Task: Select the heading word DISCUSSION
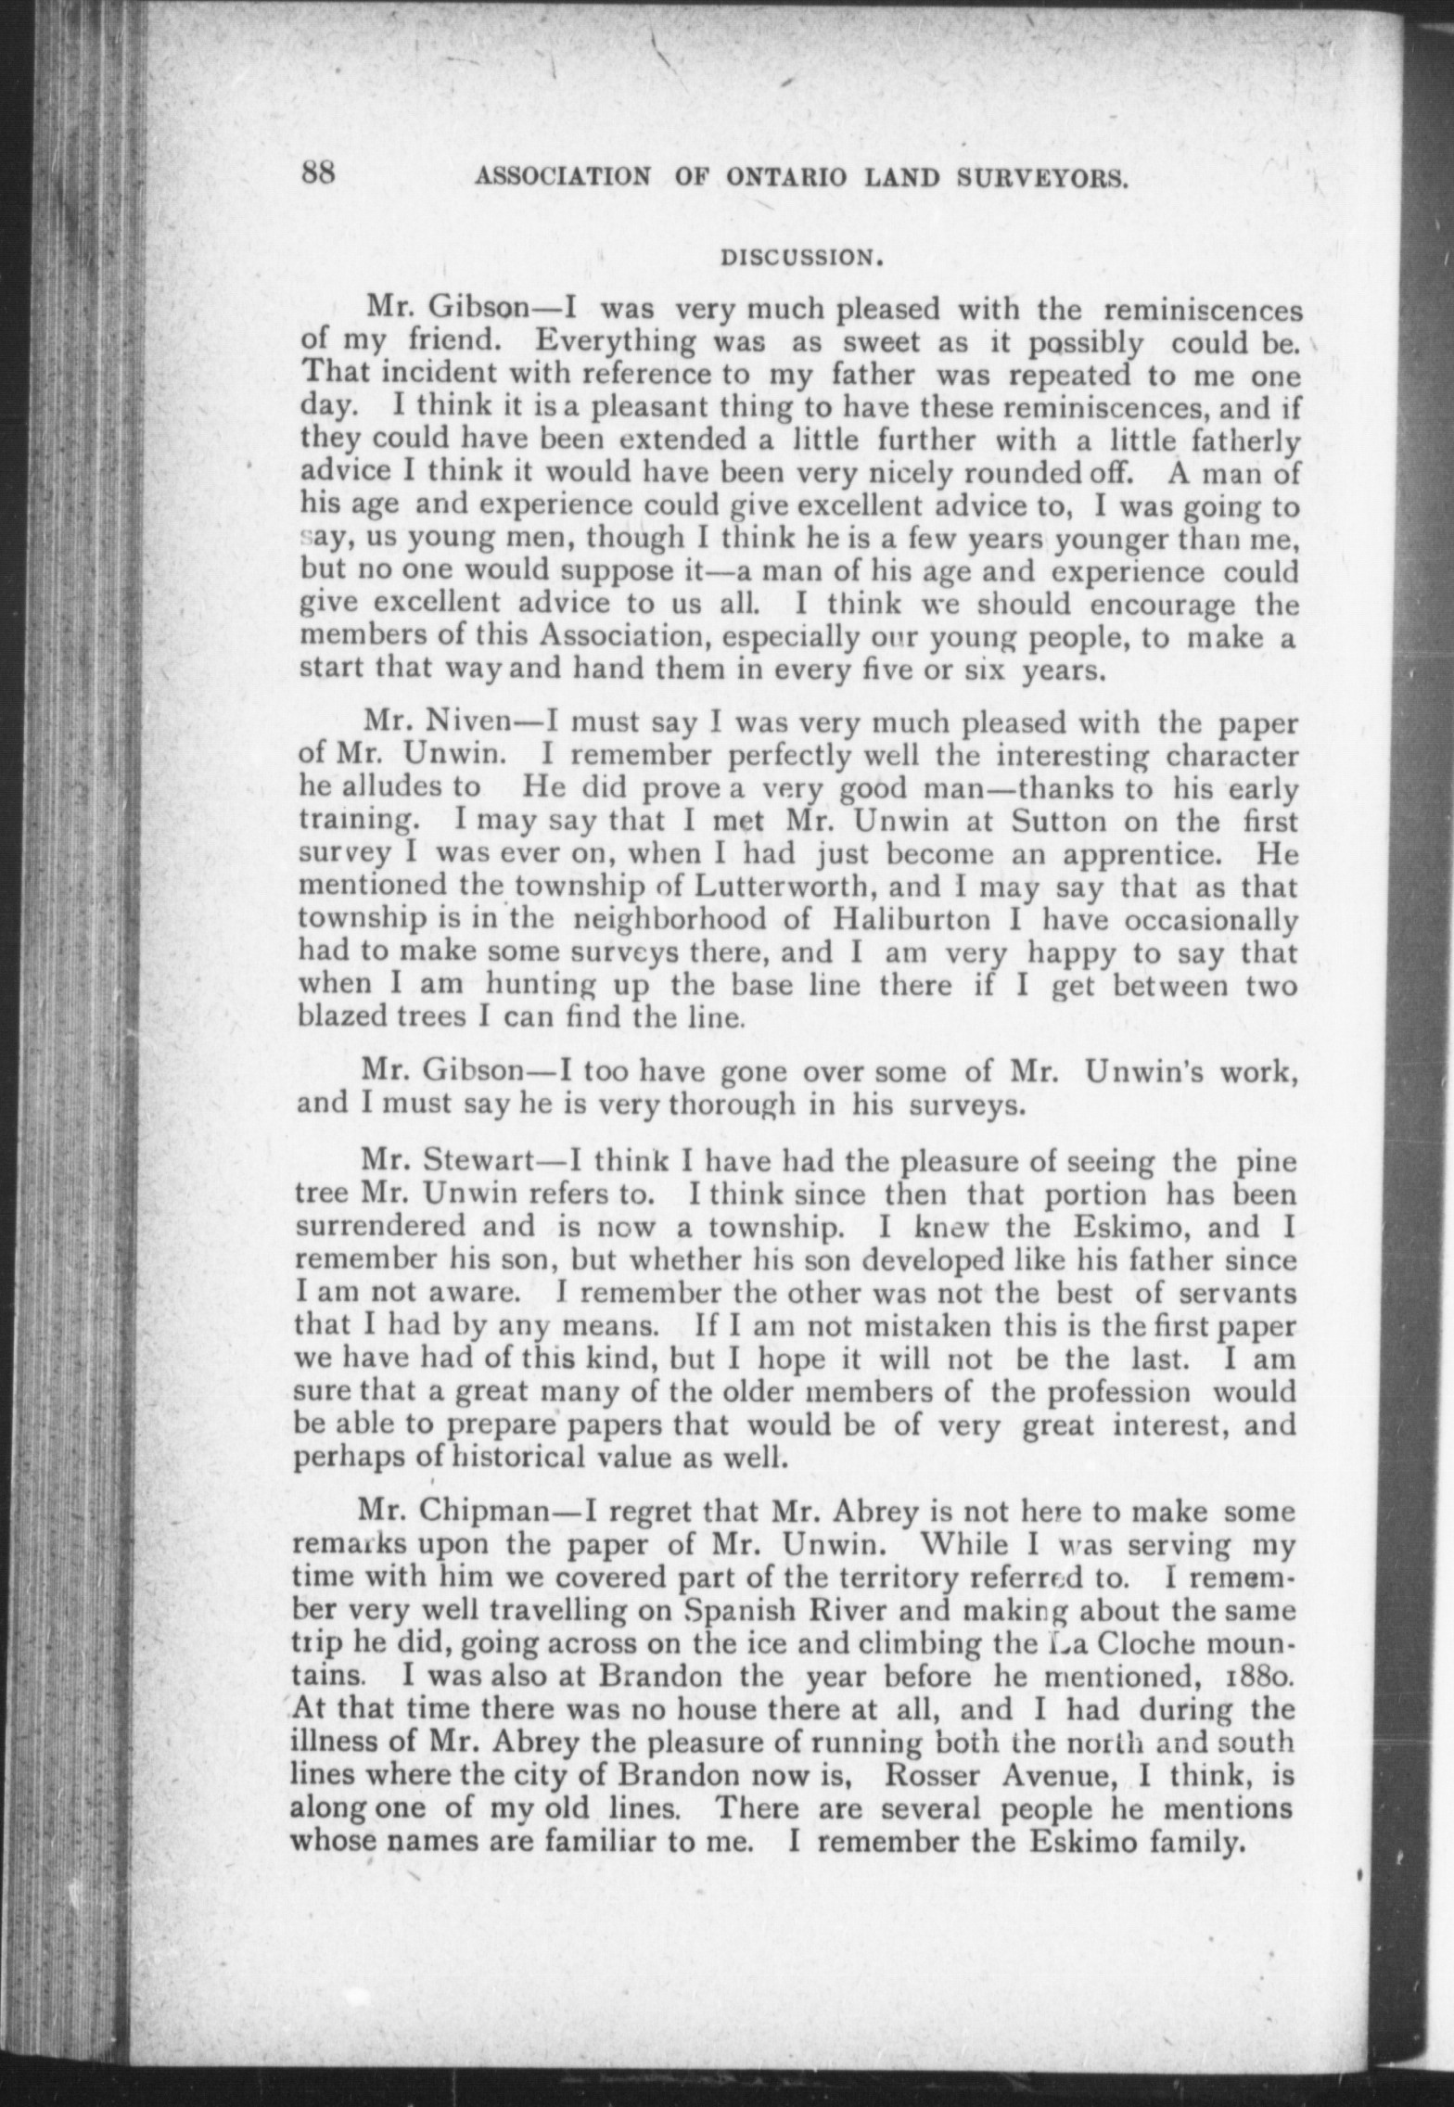point(799,259)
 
